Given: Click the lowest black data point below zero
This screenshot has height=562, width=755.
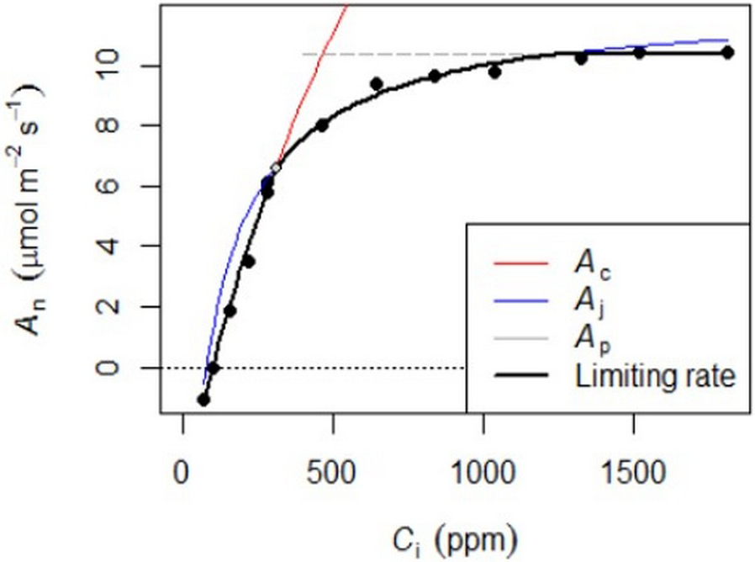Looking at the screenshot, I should [203, 400].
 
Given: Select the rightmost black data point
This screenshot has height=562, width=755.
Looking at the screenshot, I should [728, 52].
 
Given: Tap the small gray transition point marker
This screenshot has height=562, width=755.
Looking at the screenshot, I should [275, 167].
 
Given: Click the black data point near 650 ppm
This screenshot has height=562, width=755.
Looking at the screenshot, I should [377, 83].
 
